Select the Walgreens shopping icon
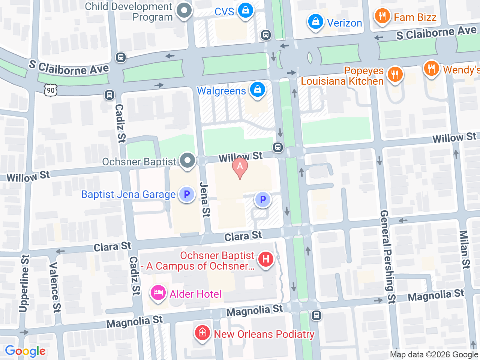[257, 90]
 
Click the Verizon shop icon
[316, 22]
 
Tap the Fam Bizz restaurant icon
[382, 16]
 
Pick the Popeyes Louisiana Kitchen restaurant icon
[394, 74]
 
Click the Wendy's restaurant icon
[431, 69]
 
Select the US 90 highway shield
[51, 90]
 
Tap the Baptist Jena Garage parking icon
[187, 194]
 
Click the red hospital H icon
[266, 259]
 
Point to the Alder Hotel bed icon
[158, 293]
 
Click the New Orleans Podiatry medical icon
[202, 333]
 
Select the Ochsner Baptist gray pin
[187, 161]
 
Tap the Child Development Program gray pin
[184, 11]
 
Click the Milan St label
[465, 249]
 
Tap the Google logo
[25, 351]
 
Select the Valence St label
[55, 287]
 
